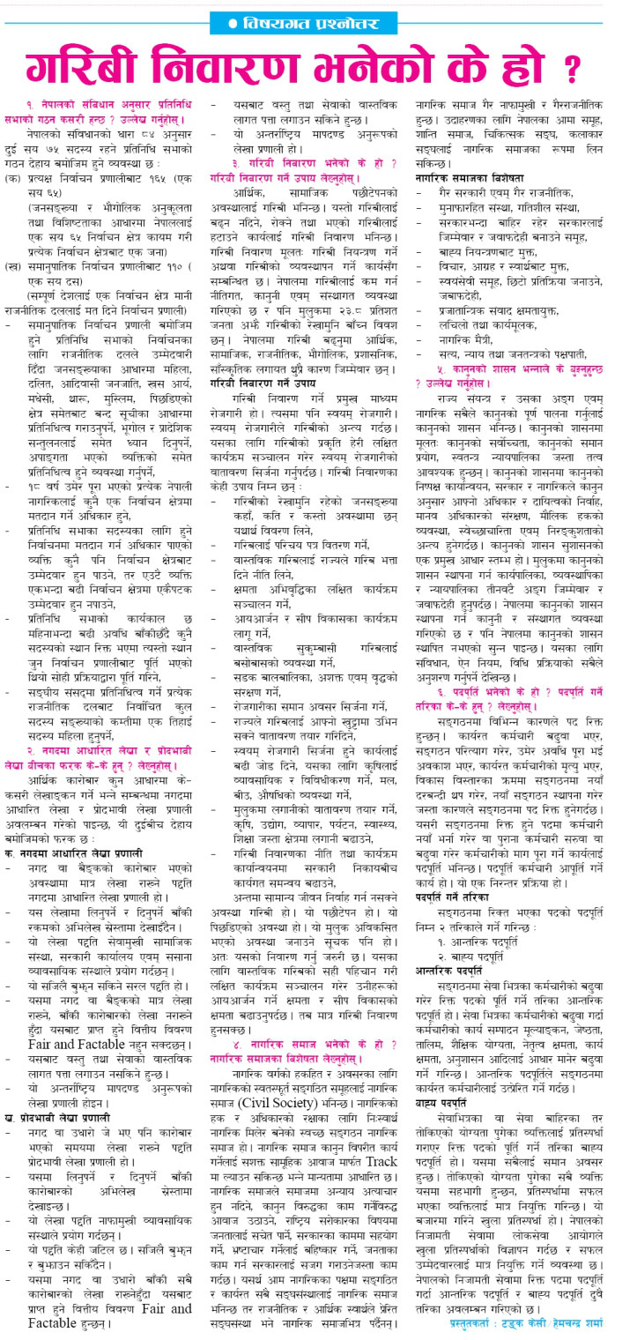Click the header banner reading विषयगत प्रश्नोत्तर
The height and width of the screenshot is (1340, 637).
318,20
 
